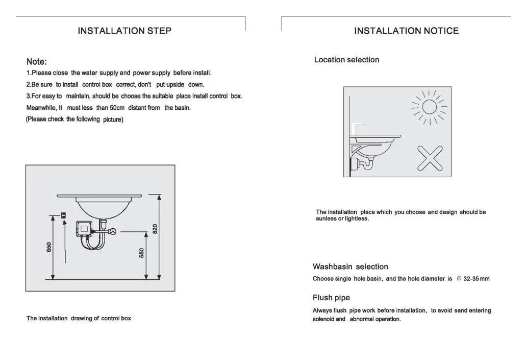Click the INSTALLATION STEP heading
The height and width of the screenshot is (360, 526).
(x=124, y=31)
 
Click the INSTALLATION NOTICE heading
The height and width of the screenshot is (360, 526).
(x=406, y=31)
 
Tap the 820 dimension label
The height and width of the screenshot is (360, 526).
(x=155, y=229)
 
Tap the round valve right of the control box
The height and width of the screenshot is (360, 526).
(x=113, y=233)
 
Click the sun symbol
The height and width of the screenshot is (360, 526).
(x=429, y=107)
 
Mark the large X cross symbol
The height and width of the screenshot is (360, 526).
(x=430, y=158)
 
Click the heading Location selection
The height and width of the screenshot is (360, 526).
(x=346, y=60)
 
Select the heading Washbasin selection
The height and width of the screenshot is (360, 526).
(x=350, y=267)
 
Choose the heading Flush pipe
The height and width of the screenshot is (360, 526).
(x=331, y=298)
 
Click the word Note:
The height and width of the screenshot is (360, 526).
(x=37, y=62)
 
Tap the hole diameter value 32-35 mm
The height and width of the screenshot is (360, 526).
(x=476, y=279)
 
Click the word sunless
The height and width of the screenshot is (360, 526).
(x=327, y=219)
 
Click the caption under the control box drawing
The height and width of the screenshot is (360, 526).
(x=79, y=318)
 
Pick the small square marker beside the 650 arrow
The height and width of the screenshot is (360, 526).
(x=63, y=215)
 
